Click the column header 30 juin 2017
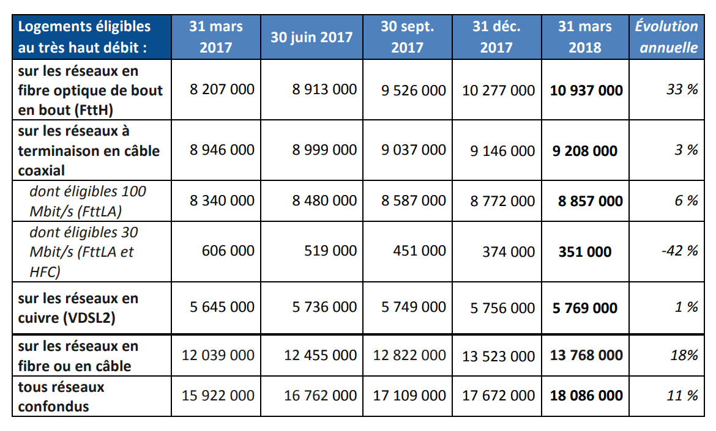pos(311,37)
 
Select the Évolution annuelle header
pos(666,37)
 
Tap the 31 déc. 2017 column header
pos(496,37)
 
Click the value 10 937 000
pos(586,90)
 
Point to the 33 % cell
pos(682,90)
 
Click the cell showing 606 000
pos(228,251)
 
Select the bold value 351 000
pos(584,251)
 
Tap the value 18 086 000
pos(586,396)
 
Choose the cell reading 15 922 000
pos(218,396)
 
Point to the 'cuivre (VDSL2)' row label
pos(78,308)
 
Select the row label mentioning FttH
pos(91,90)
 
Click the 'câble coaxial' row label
pos(89,150)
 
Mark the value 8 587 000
pos(413,201)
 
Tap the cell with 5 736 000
pos(324,308)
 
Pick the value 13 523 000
pos(498,356)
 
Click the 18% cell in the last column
pos(684,355)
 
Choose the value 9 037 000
pos(413,150)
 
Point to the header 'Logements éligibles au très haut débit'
pos(84,37)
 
